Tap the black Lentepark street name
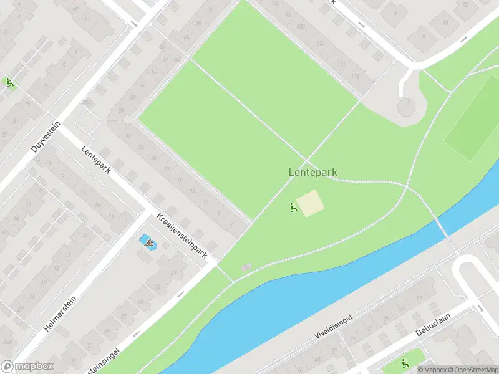pyautogui.click(x=95, y=160)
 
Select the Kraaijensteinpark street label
pyautogui.click(x=182, y=236)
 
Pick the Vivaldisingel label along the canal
pyautogui.click(x=334, y=327)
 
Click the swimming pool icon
pyautogui.click(x=148, y=242)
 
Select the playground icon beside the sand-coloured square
pyautogui.click(x=293, y=207)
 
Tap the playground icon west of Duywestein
pyautogui.click(x=9, y=81)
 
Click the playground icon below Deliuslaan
pyautogui.click(x=405, y=363)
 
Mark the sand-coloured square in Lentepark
pyautogui.click(x=310, y=204)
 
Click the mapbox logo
pyautogui.click(x=27, y=367)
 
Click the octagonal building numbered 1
pyautogui.click(x=407, y=107)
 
